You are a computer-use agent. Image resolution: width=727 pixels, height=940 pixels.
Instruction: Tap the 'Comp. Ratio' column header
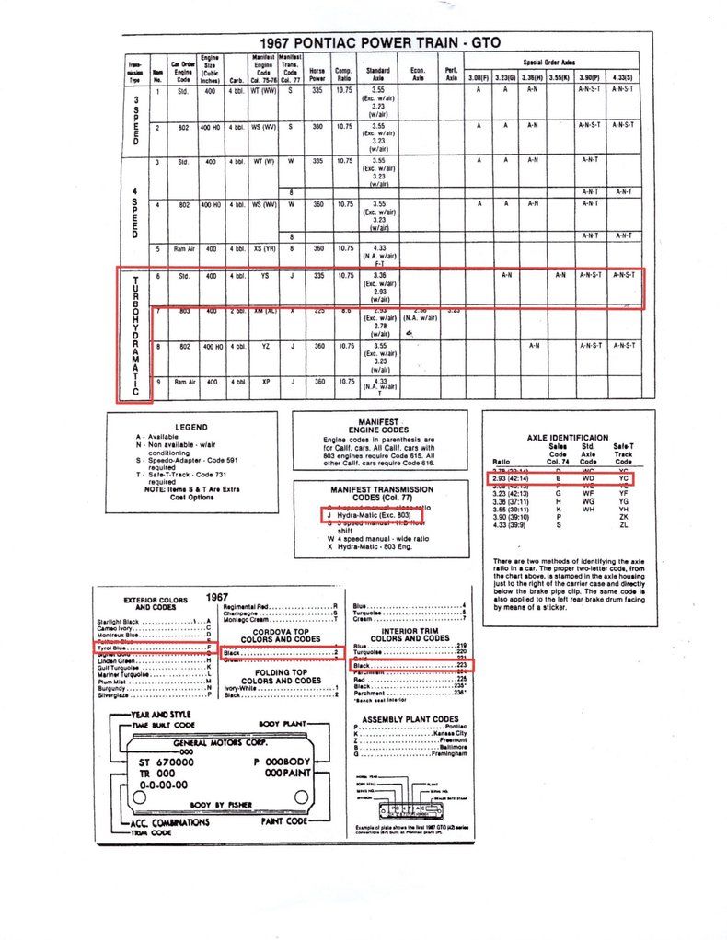[x=345, y=73]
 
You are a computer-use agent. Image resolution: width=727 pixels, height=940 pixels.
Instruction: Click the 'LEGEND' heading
[x=191, y=427]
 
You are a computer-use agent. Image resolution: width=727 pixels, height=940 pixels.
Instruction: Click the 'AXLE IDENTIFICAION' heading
[x=567, y=438]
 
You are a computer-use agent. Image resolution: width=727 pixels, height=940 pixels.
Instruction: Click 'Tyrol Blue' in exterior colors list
[x=115, y=648]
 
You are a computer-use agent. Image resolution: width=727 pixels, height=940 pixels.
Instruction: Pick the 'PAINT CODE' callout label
[x=284, y=820]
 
